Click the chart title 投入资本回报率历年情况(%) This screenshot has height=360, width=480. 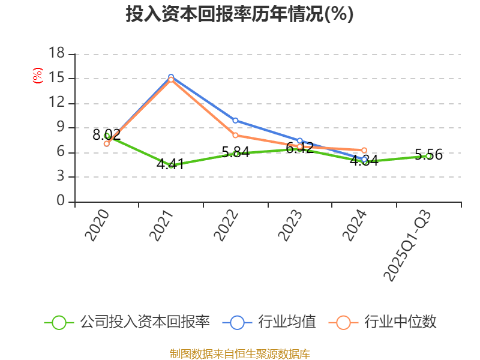(x=239, y=14)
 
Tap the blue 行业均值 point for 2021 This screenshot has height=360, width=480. (x=171, y=77)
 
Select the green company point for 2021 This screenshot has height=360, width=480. (x=171, y=165)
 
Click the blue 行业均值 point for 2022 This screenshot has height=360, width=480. (x=235, y=121)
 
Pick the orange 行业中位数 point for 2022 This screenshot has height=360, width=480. (x=235, y=136)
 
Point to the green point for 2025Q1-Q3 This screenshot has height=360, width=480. (x=428, y=156)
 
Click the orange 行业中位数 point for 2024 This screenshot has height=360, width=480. (x=364, y=150)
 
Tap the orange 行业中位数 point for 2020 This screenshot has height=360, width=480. (x=107, y=143)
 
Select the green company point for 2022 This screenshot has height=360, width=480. (x=235, y=154)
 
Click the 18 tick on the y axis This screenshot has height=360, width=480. (x=56, y=53)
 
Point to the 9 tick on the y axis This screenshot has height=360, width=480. (x=61, y=127)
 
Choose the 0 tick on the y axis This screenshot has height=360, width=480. (x=61, y=202)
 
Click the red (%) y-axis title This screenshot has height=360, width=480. (x=37, y=76)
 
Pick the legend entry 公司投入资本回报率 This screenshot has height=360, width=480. (x=128, y=322)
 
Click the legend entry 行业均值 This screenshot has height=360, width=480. (x=269, y=322)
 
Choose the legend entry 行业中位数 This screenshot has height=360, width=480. (x=383, y=322)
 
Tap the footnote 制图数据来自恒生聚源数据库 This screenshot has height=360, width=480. (x=239, y=353)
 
